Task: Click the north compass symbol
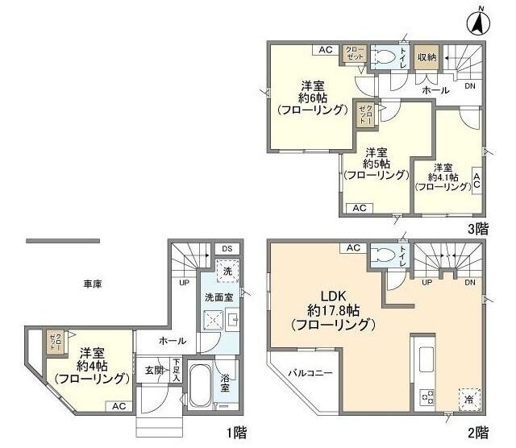click(477, 21)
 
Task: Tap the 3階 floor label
click(478, 228)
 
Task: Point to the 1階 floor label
click(236, 433)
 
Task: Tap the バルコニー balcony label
click(310, 395)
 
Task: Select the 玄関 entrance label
click(153, 370)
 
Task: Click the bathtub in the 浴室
click(201, 386)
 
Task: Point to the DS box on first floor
click(227, 248)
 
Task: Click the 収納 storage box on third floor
click(427, 57)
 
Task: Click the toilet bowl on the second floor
click(386, 256)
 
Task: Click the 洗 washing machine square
click(227, 272)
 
